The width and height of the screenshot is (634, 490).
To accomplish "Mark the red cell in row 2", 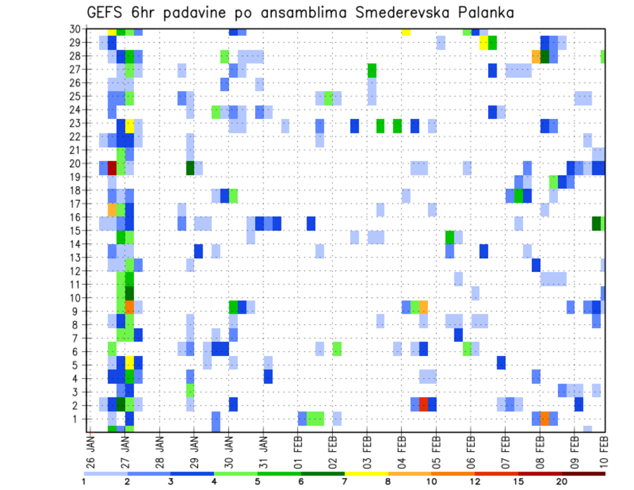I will (423, 404).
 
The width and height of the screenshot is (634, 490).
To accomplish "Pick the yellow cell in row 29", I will (483, 43).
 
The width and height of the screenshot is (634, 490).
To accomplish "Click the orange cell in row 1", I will (545, 418).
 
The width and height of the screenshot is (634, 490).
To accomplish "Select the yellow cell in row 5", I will (129, 363).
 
